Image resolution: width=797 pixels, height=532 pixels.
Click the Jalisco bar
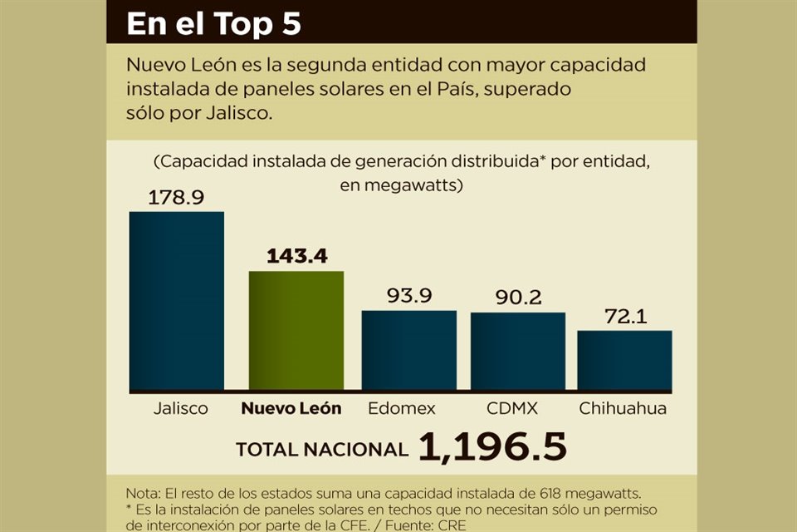[x=176, y=301]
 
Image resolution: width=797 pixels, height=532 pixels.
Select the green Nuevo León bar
[x=296, y=331]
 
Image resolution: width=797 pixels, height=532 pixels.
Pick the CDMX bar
[x=517, y=351]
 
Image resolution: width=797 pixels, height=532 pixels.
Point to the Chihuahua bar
[x=624, y=360]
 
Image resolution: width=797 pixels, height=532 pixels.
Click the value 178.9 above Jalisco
[x=176, y=198]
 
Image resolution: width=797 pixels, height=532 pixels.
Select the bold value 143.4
[x=296, y=256]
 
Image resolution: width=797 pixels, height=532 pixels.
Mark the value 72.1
[x=624, y=316]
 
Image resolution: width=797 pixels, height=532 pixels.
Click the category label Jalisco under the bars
[x=180, y=409]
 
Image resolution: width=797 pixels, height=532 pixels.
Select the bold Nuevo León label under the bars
[x=291, y=409]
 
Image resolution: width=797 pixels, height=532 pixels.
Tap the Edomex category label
[x=402, y=409]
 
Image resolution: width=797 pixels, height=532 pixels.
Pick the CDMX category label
[x=512, y=409]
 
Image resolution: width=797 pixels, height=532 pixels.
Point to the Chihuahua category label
[x=623, y=409]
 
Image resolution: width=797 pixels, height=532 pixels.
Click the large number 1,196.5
[x=492, y=447]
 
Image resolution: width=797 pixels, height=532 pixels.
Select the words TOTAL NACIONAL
[x=321, y=450]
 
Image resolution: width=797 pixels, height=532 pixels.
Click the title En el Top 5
[x=213, y=24]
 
